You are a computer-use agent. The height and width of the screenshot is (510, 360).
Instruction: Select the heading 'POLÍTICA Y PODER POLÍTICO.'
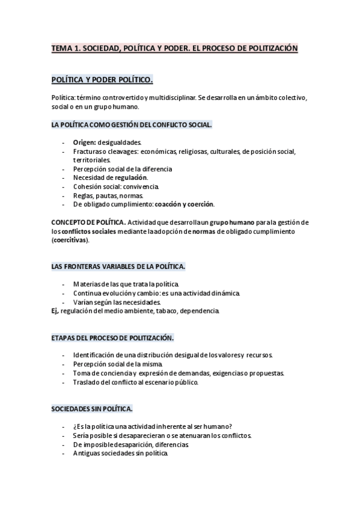[103, 79]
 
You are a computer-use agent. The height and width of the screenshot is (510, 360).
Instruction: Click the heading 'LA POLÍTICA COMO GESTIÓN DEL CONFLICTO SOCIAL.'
[132, 124]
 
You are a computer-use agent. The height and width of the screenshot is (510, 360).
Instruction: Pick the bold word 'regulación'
[131, 177]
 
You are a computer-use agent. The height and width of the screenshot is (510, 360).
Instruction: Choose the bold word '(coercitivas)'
[70, 240]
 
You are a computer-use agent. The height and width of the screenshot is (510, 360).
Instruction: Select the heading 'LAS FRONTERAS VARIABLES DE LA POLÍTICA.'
[118, 266]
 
